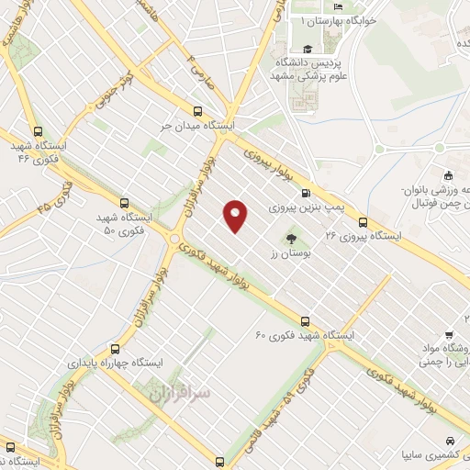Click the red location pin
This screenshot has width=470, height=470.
point(236,215)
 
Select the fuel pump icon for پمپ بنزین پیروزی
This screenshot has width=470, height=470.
point(306,193)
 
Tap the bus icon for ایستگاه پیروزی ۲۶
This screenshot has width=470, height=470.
point(363,221)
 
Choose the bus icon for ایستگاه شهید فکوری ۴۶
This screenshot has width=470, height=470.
point(37,132)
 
